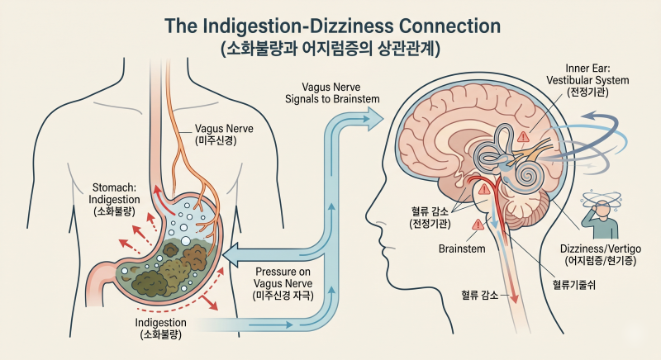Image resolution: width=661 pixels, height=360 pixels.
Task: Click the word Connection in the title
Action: (x=449, y=26)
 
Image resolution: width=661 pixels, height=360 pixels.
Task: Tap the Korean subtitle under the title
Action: (x=330, y=49)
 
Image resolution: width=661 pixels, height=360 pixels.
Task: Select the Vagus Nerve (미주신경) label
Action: (x=223, y=134)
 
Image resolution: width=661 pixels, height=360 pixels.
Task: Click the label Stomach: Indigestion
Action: (x=114, y=200)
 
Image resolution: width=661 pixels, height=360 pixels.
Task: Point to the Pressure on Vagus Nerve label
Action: (x=283, y=283)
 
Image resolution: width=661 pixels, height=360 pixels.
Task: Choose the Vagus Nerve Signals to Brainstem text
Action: (x=332, y=93)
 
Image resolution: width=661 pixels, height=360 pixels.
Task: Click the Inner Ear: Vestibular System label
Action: (x=587, y=80)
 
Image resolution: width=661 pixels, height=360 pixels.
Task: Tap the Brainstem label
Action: (x=462, y=249)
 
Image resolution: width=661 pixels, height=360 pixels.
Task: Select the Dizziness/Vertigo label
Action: (x=601, y=254)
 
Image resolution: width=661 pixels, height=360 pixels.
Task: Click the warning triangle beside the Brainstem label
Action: (x=478, y=225)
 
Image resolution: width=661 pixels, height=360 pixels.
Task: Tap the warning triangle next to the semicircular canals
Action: (x=523, y=137)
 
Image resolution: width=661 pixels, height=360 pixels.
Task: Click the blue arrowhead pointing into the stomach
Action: (x=231, y=255)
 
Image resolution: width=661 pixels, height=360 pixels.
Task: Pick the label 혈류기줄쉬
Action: (x=573, y=285)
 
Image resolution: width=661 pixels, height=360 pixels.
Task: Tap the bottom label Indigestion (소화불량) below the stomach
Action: (x=160, y=329)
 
